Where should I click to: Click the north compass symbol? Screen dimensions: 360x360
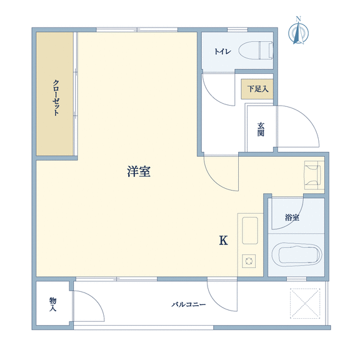298,32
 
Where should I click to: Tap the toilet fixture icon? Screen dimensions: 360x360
256,50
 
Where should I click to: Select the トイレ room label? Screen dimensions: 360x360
222,51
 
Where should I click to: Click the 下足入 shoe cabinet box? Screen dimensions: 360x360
257,89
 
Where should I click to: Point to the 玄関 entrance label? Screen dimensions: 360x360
261,129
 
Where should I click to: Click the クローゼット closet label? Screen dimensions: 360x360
56,97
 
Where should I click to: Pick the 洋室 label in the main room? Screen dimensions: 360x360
139,171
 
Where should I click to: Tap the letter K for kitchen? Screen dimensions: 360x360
223,241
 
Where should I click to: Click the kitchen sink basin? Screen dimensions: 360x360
250,231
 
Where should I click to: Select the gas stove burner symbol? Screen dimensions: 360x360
249,261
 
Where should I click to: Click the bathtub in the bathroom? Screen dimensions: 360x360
297,254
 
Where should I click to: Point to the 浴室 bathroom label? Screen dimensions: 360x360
292,217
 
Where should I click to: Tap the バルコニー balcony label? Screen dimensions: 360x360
189,304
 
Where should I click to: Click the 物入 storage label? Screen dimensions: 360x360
52,304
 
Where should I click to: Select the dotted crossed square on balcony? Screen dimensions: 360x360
305,303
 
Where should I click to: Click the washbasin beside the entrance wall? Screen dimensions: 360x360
312,175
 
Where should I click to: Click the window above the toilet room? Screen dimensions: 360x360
237,30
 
